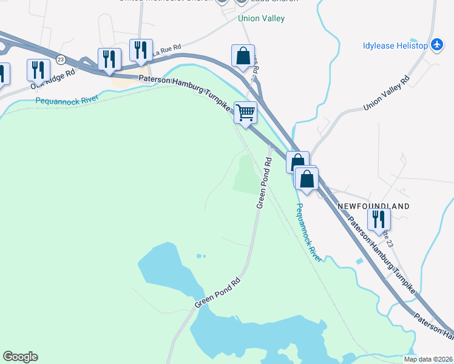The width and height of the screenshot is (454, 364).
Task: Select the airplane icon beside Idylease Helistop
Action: coord(437,45)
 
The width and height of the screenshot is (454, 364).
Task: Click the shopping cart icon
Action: coord(245,112)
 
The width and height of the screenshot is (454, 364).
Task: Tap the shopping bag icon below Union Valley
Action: coord(243,56)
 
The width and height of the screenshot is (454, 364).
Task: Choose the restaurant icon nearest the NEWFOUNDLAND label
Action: coord(379,219)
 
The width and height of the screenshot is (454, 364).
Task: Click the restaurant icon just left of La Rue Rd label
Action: coord(141,50)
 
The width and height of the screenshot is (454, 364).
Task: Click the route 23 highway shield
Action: coord(61,59)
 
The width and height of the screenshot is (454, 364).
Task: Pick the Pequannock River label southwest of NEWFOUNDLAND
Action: coord(308,232)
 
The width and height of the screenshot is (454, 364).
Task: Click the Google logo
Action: coord(20,357)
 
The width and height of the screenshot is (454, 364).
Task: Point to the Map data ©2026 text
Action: coord(428,359)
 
